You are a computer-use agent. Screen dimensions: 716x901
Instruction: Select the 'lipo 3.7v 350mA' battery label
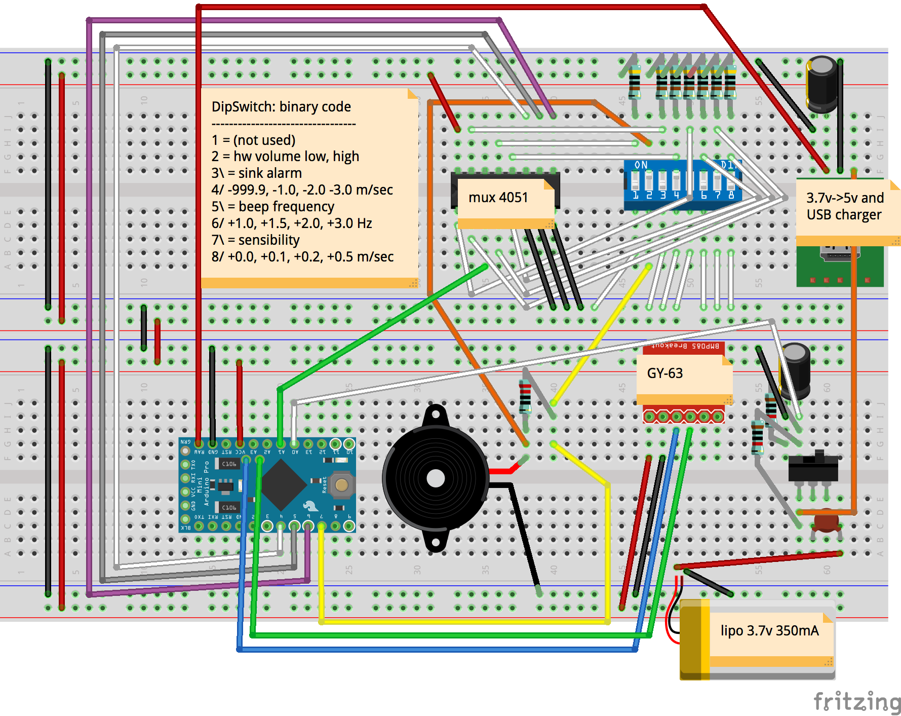(769, 631)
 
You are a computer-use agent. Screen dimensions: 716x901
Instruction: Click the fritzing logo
(856, 702)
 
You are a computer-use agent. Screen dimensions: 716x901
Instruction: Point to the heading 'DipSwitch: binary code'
(281, 107)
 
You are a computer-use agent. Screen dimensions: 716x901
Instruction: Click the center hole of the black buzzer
(436, 478)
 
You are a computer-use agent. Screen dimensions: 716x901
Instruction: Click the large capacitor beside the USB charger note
(821, 84)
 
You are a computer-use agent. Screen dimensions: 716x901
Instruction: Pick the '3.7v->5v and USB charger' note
(845, 207)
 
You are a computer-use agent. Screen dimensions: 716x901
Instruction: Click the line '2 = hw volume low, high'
(285, 157)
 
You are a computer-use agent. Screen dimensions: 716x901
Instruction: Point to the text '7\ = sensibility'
(256, 240)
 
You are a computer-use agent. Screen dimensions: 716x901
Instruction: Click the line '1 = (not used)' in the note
(253, 140)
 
